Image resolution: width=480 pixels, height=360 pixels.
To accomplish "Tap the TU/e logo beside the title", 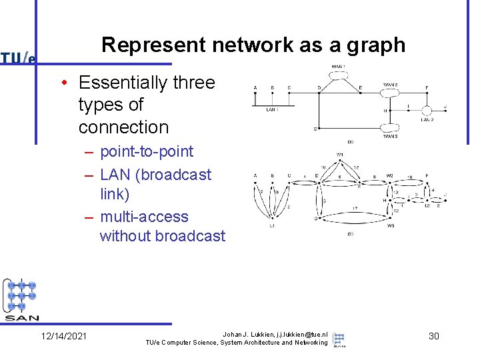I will [x=18, y=58].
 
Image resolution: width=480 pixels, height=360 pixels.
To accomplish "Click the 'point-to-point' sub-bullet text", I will [x=147, y=151].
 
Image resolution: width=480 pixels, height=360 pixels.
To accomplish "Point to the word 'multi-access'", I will [x=144, y=217].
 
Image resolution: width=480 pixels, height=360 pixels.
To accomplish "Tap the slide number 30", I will [x=433, y=337].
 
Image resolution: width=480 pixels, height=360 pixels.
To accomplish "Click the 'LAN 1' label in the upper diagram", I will [x=272, y=109].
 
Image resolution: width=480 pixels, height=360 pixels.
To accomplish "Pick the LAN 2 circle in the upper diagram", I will [x=427, y=108].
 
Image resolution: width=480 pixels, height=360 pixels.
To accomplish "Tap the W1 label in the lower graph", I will [x=339, y=155].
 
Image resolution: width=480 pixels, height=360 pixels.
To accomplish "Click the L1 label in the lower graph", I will [x=272, y=225].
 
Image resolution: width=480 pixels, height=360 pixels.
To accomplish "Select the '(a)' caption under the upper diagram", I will [x=350, y=141].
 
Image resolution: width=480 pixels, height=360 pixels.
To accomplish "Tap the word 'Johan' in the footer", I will [x=233, y=333].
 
